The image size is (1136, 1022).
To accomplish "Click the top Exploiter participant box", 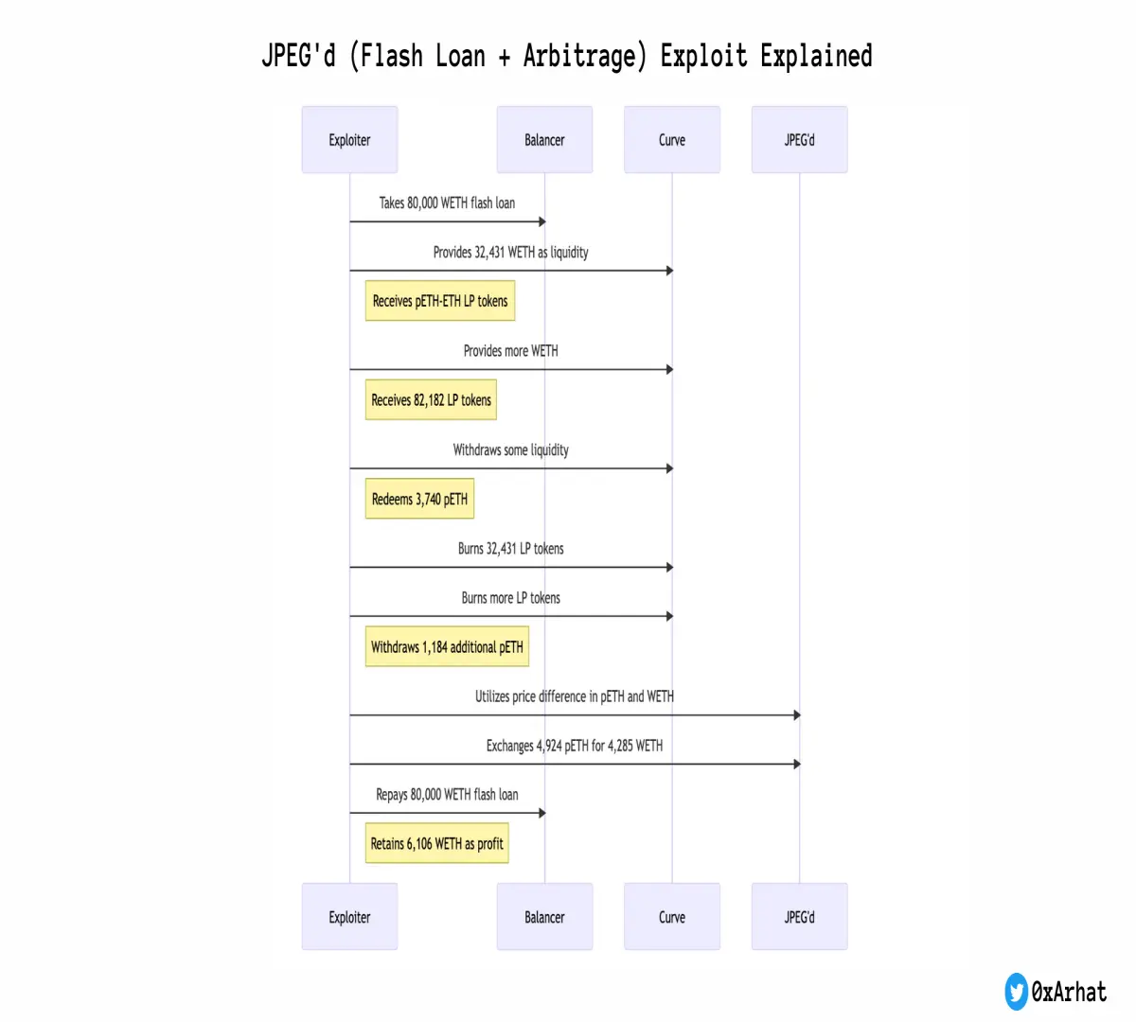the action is [x=349, y=139].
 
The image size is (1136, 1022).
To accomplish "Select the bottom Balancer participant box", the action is [x=544, y=917].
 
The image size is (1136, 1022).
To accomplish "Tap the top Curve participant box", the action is [x=672, y=139].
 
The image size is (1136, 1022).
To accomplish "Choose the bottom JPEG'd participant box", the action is [x=800, y=917].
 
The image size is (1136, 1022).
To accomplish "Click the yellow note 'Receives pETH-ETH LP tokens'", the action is [x=440, y=301].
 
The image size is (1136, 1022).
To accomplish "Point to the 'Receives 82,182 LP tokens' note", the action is [x=431, y=399].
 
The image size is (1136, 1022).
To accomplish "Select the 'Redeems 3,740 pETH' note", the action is [x=419, y=499].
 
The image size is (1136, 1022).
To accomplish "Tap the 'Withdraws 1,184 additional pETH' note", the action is [x=447, y=646].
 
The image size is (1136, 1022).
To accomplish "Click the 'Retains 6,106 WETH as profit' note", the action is [x=436, y=843].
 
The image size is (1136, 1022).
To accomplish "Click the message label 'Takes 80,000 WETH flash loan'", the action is [x=447, y=203].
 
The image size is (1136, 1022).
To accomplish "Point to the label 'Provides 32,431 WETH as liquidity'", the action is [x=511, y=252].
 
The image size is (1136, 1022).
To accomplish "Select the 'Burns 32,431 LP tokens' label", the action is [x=511, y=548].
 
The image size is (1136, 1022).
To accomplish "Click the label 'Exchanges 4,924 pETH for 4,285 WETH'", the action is [x=575, y=745].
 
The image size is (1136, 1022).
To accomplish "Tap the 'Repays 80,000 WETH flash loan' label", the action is [x=447, y=794].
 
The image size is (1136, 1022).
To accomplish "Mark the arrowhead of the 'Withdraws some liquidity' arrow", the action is [x=670, y=468].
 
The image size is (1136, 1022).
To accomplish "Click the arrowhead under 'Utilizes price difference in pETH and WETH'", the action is [x=797, y=715].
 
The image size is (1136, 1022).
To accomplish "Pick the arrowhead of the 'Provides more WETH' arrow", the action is [x=670, y=370].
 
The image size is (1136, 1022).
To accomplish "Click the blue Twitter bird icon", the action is [x=1017, y=992].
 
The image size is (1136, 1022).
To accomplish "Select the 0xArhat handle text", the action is [x=1069, y=992].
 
